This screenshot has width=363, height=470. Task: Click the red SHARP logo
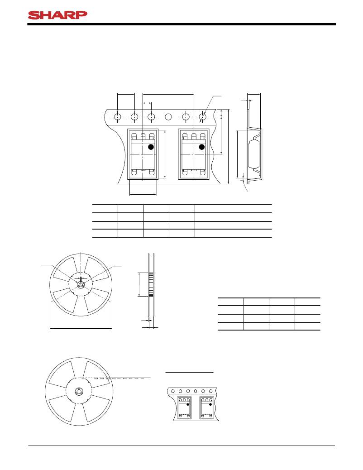(x=57, y=15)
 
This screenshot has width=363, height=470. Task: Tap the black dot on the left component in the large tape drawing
(x=151, y=147)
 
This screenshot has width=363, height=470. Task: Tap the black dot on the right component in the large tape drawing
(x=202, y=147)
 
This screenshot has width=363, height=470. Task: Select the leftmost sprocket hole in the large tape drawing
(x=118, y=116)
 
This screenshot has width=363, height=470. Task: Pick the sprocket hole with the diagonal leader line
(x=203, y=116)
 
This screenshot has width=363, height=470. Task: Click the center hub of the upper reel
(x=80, y=285)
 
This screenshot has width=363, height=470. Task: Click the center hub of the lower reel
(x=79, y=392)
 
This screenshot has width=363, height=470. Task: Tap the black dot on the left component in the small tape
(x=188, y=404)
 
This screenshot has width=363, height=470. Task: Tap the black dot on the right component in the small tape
(x=210, y=404)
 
